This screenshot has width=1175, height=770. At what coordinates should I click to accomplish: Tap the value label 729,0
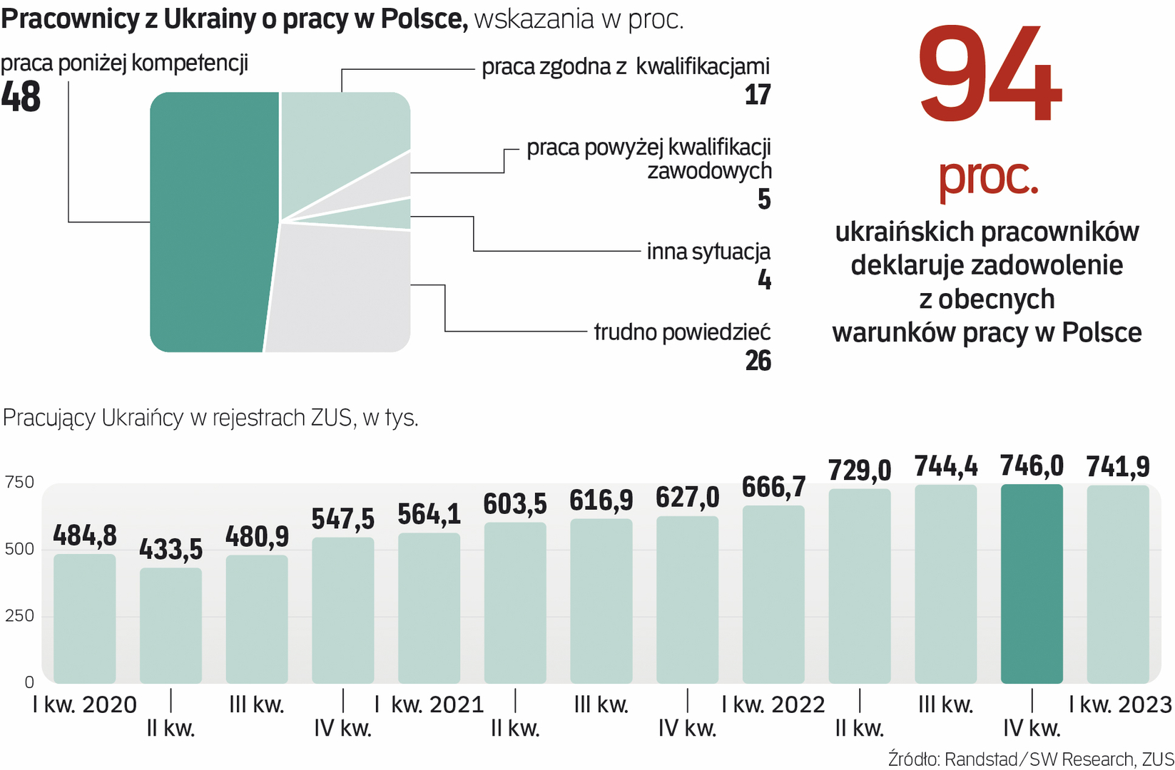(x=860, y=471)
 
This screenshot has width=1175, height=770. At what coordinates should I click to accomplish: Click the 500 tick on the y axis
(x=19, y=549)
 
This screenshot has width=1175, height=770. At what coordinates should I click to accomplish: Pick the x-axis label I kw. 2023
(x=1120, y=704)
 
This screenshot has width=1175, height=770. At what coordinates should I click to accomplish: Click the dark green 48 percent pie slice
(x=214, y=222)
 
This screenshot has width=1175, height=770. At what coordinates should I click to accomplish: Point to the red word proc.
(x=988, y=176)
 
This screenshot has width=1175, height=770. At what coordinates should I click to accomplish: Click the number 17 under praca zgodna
(x=757, y=95)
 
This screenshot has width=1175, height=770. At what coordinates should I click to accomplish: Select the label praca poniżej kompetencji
(x=125, y=63)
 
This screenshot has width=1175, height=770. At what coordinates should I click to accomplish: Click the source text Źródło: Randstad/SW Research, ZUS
(x=1030, y=759)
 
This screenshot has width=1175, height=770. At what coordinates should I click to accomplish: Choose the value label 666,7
(x=773, y=488)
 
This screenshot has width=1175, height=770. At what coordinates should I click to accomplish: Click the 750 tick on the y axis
(x=19, y=482)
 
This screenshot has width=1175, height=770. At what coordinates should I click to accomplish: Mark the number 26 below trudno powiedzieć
(x=758, y=361)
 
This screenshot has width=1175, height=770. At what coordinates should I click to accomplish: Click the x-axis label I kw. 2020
(x=85, y=704)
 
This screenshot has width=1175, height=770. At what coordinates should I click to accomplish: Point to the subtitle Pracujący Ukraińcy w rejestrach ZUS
(x=210, y=417)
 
